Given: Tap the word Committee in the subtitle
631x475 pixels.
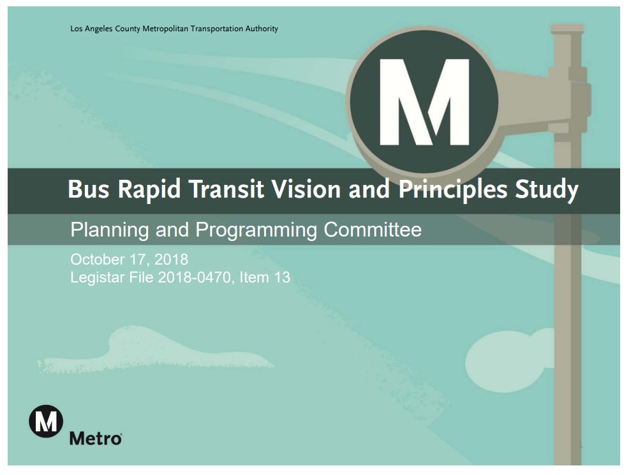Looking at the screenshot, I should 373,230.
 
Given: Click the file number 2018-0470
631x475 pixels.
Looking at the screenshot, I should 192,277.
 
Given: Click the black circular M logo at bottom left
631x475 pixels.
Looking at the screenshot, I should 46,421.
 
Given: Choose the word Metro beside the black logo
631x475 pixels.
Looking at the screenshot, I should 95,439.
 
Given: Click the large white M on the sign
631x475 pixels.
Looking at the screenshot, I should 424,102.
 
